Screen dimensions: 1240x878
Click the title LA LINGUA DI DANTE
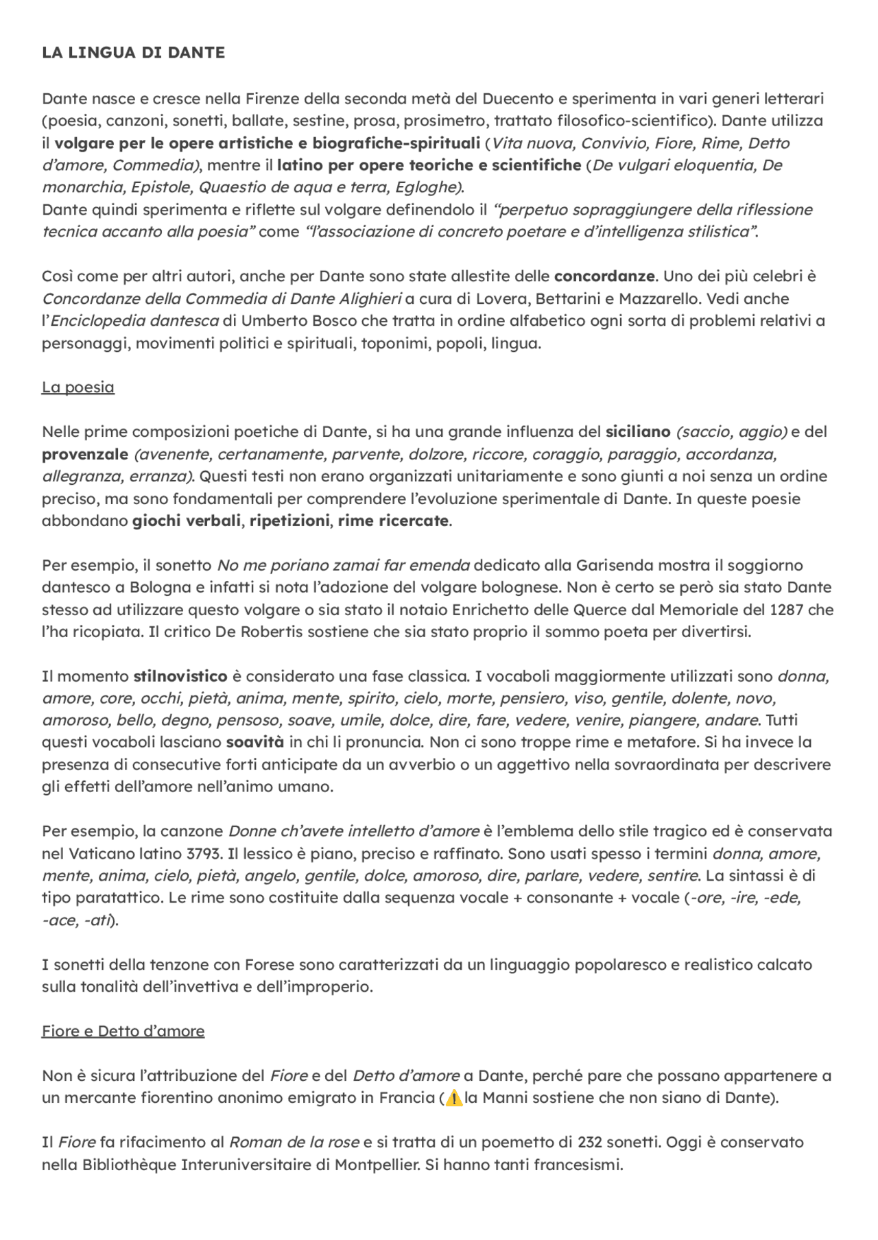coord(133,53)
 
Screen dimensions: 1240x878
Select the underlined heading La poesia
coord(78,387)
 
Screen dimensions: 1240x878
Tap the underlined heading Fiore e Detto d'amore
coord(123,1032)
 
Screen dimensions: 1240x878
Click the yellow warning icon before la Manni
coord(453,1098)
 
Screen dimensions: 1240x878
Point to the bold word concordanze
coord(604,276)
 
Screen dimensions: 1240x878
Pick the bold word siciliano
coord(638,432)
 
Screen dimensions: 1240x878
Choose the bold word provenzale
coord(85,454)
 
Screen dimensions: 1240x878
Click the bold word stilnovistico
coord(180,676)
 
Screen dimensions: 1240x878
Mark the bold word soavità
coord(255,742)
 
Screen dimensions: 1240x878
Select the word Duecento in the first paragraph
coord(569,99)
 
